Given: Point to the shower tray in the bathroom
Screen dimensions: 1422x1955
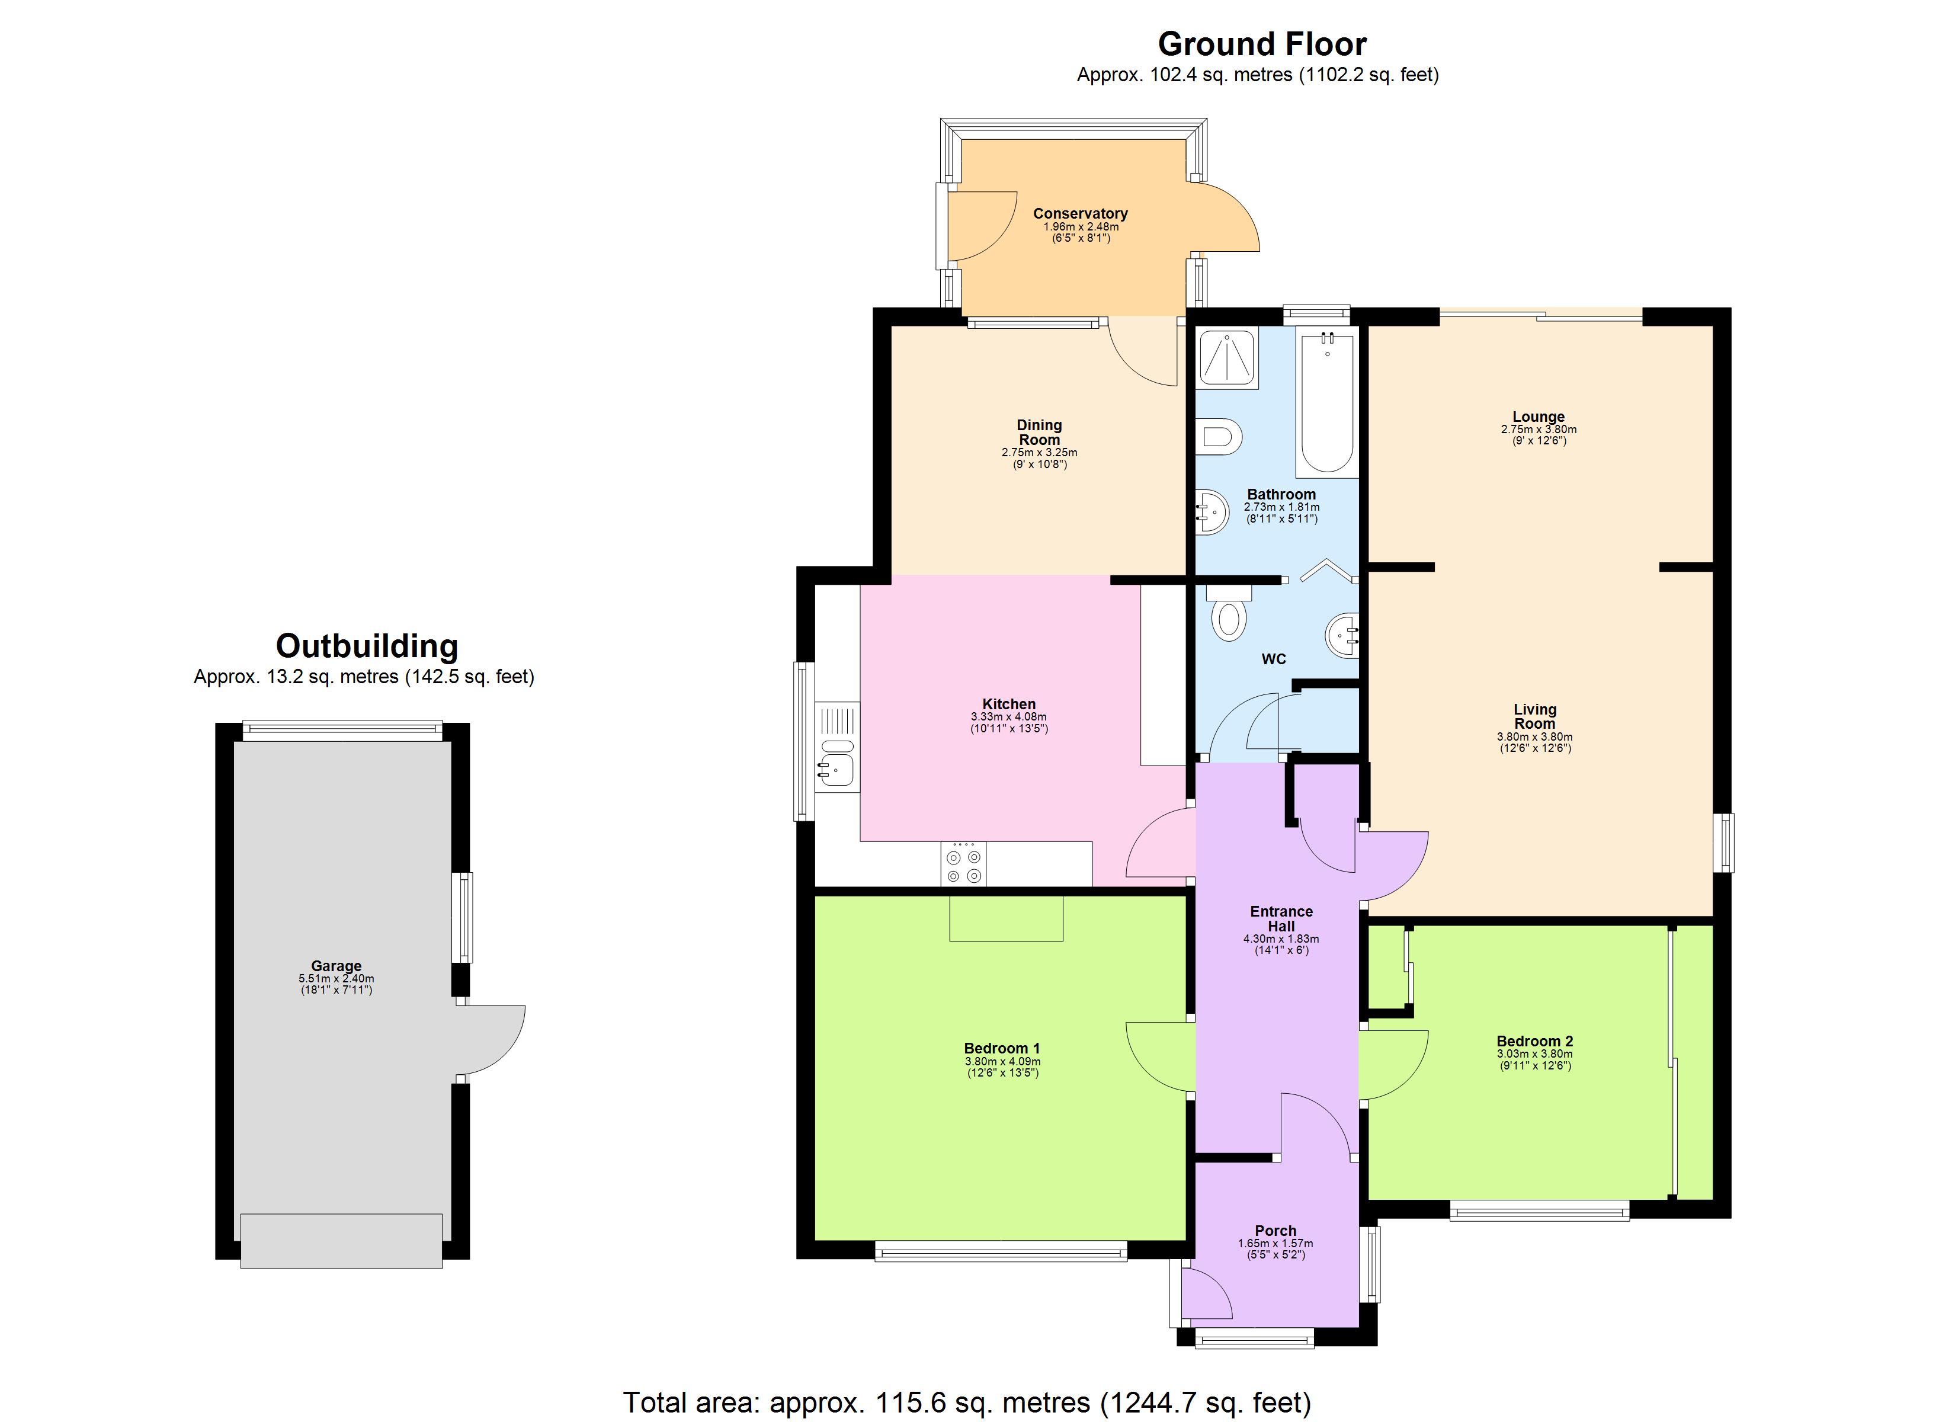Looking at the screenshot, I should (x=1228, y=357).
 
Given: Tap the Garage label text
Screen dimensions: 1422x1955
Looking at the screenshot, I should (x=336, y=966).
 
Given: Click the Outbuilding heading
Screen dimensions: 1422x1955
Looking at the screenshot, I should (x=366, y=646).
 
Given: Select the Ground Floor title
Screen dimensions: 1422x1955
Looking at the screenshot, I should (x=1262, y=44).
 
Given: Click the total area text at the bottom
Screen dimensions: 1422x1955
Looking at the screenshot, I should (x=966, y=1402).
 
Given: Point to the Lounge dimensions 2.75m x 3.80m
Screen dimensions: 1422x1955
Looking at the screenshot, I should (x=1539, y=430).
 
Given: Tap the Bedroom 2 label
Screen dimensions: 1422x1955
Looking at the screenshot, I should (x=1534, y=1041).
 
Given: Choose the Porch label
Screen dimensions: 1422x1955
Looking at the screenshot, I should (x=1275, y=1231).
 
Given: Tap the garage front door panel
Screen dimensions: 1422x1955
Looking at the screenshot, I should (x=341, y=1240).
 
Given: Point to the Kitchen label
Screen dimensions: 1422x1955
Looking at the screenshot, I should (x=1008, y=704).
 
